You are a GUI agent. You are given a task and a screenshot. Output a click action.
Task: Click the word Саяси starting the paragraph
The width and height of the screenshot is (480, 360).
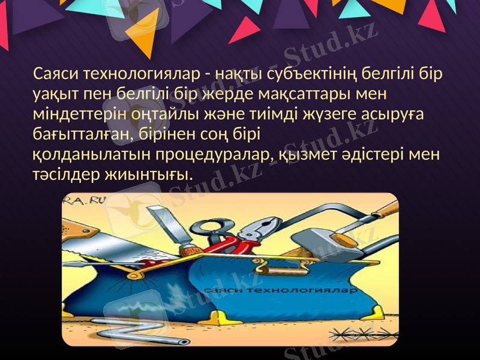[57, 74]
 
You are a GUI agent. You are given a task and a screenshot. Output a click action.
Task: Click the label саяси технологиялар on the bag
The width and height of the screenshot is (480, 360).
[281, 291]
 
